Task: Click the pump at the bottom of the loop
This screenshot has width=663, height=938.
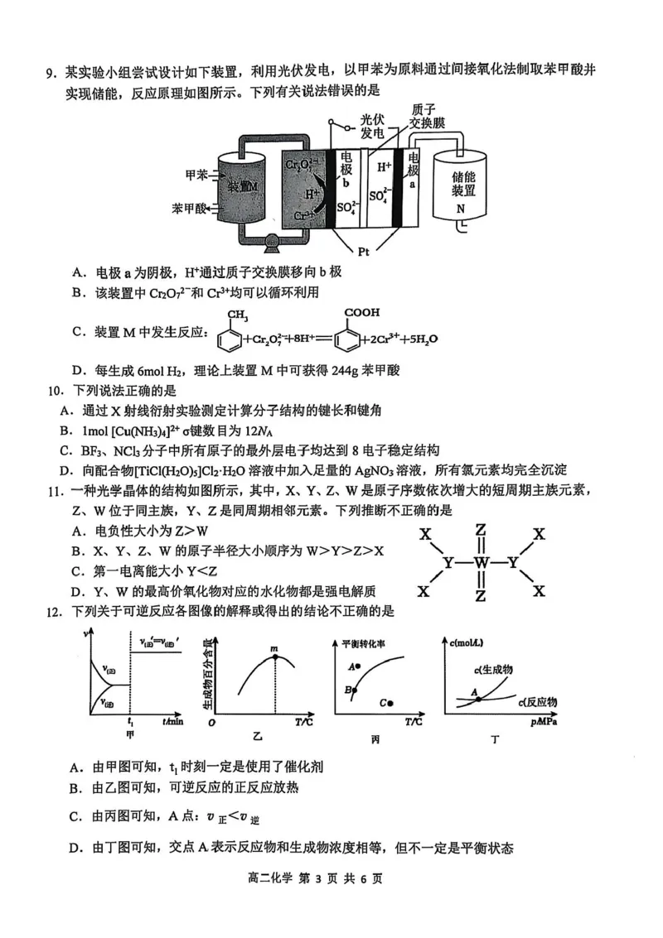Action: pyautogui.click(x=270, y=243)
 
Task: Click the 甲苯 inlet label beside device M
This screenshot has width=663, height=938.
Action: pyautogui.click(x=196, y=175)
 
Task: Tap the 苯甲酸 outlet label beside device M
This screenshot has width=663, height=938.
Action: pyautogui.click(x=190, y=208)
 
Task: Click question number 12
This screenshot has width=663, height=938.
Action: pyautogui.click(x=54, y=612)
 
